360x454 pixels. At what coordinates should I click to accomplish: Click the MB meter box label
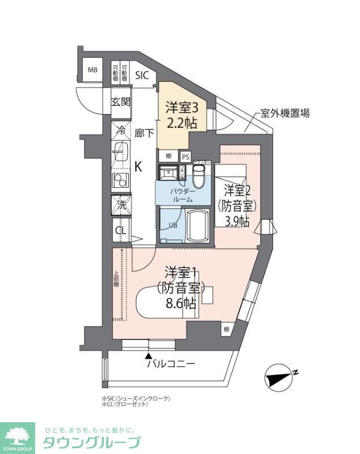point(91,70)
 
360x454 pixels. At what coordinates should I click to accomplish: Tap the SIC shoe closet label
point(142,74)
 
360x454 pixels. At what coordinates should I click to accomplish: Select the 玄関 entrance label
point(120,102)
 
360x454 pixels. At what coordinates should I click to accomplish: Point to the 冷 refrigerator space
point(121,129)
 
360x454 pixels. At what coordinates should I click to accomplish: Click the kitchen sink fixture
point(120,153)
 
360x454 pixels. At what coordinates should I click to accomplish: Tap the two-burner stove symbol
point(120,181)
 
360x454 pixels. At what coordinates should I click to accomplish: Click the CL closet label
point(120,230)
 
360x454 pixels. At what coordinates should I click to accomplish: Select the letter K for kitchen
point(138,166)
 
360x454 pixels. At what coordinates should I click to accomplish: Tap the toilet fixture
point(198,176)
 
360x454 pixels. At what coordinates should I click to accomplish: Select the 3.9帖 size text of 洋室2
point(236,221)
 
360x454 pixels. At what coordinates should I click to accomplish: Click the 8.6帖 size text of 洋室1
point(181,303)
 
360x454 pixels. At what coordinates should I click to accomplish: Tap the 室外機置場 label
point(285,112)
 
